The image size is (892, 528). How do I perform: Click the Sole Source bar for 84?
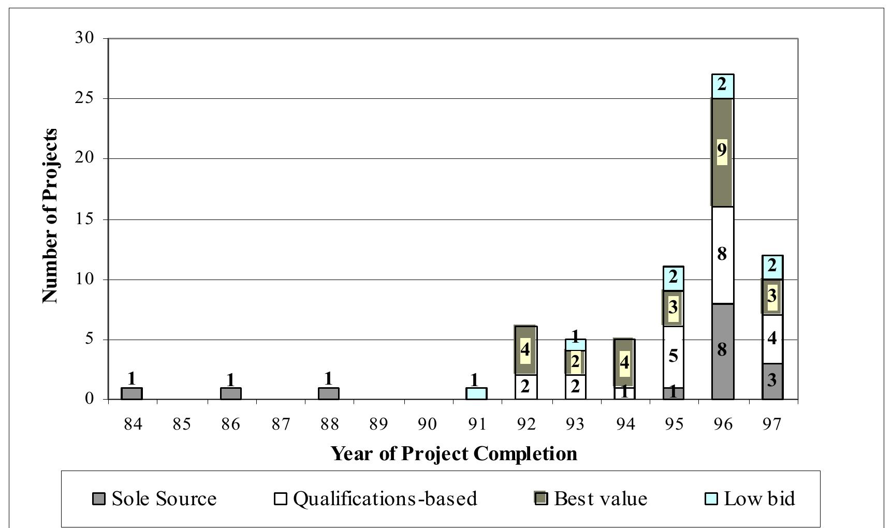131,393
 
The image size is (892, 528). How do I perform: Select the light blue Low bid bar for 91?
476,393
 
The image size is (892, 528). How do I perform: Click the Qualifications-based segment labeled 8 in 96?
723,255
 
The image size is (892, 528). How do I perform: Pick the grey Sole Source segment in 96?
723,351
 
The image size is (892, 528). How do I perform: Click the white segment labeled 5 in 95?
673,357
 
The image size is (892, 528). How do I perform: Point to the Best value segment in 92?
525,350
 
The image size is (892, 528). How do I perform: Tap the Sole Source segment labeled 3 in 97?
772,381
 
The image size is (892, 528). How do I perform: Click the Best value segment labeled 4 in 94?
624,362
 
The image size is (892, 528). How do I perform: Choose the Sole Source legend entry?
154,498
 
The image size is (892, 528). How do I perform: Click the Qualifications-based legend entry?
375,498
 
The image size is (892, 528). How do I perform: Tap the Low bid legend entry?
750,498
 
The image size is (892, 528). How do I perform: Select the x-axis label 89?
378,424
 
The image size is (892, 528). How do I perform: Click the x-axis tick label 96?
723,424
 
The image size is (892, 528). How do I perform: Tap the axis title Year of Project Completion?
454,453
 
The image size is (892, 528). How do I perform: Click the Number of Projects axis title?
50,216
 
